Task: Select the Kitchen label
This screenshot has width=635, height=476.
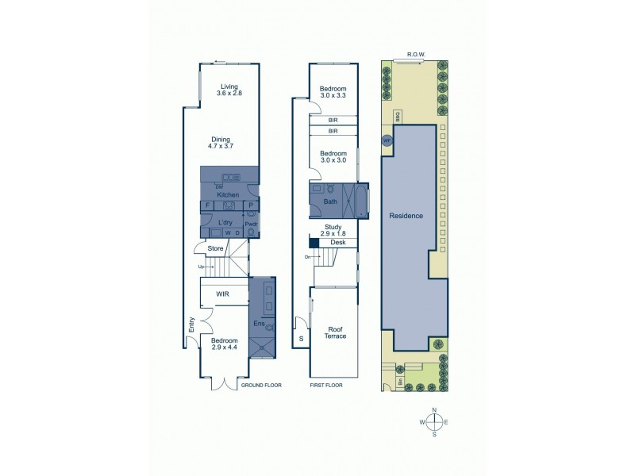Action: click(228, 195)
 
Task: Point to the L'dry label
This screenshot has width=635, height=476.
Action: click(225, 223)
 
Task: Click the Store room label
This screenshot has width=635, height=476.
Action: click(215, 248)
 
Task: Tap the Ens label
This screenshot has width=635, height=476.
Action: click(257, 324)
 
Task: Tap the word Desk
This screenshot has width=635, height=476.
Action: click(338, 242)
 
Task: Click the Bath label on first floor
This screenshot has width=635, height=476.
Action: click(330, 202)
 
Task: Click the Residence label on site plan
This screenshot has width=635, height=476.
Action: click(406, 216)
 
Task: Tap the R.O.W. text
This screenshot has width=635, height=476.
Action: click(416, 55)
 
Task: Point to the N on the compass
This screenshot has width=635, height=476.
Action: click(434, 410)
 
